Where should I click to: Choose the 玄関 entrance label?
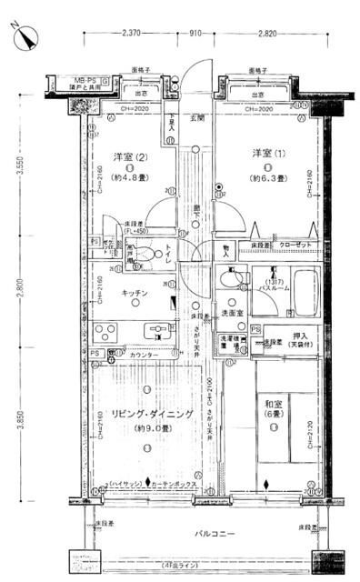pos(195,118)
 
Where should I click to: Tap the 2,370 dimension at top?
pos(133,34)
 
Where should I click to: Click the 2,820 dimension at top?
pos(265,34)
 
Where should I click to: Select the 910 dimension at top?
pos(195,34)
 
